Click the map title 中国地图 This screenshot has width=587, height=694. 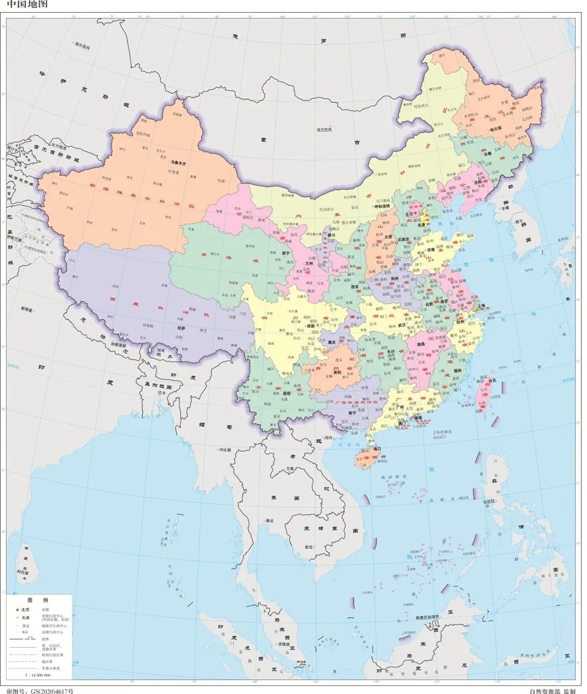click(20, 5)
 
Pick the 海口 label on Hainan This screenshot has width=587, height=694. click(376, 449)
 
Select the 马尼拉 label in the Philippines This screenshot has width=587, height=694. click(490, 500)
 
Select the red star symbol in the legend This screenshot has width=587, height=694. click(17, 610)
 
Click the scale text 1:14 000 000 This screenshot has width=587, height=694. click(37, 675)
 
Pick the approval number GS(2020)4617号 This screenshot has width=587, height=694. click(39, 690)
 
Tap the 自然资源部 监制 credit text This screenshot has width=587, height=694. click(552, 690)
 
